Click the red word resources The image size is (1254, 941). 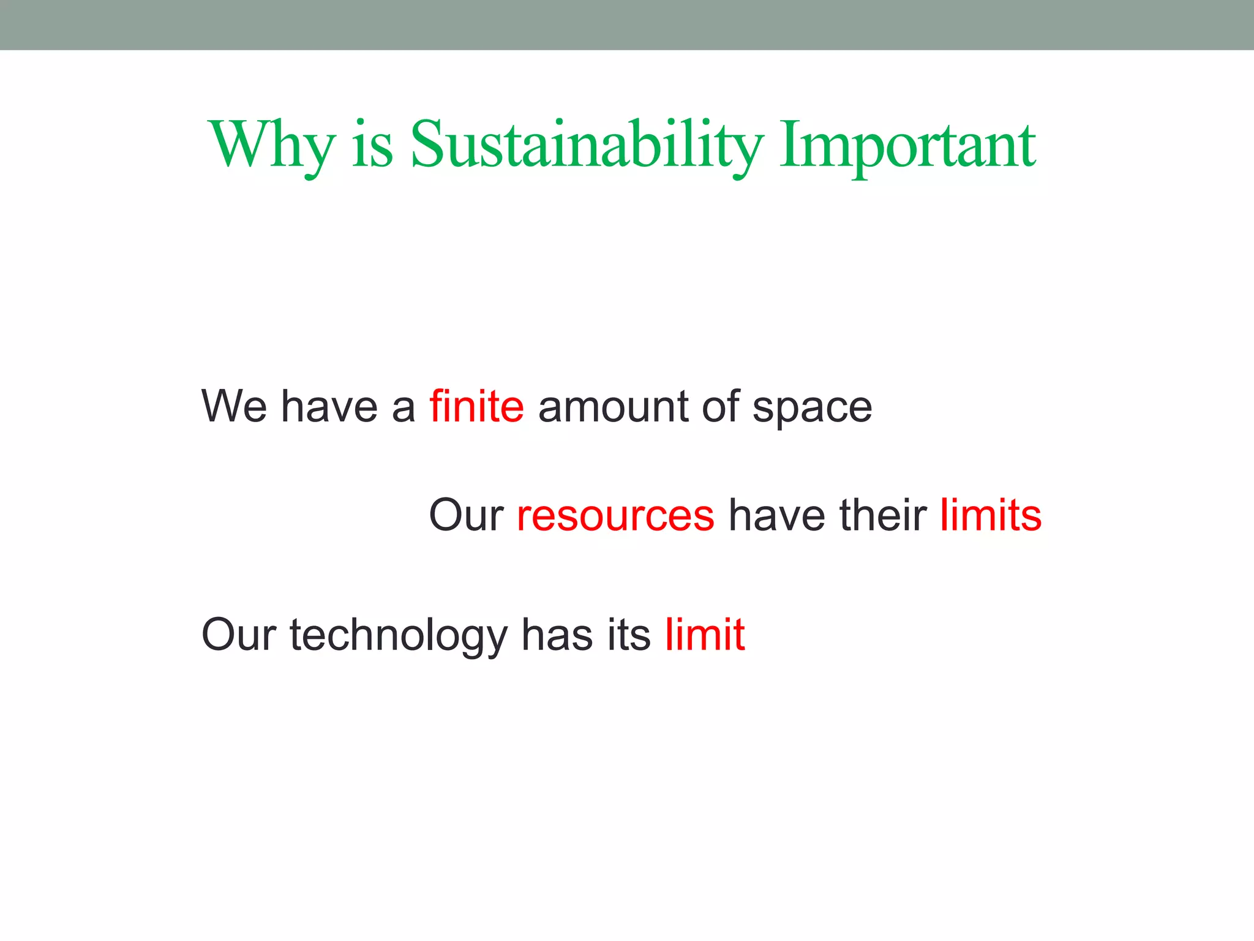(615, 515)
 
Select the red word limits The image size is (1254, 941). (991, 515)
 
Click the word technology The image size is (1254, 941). (399, 635)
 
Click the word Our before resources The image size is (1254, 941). (466, 515)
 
